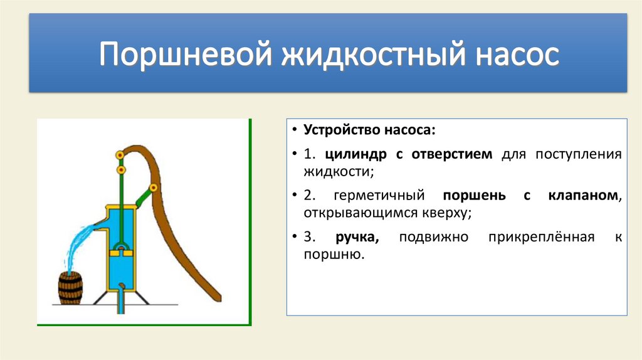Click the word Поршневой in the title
coord(185,54)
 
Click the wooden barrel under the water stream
coord(70,289)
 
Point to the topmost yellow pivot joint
coord(120,155)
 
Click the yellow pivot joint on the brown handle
coord(154,188)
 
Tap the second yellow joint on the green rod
coord(121,169)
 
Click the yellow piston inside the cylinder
coord(121,253)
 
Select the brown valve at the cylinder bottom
coord(122,285)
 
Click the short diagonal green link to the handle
coord(144,196)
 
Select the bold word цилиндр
coord(356,155)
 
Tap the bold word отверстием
coord(451,154)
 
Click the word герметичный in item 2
coord(379,196)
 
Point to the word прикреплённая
coord(541,237)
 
